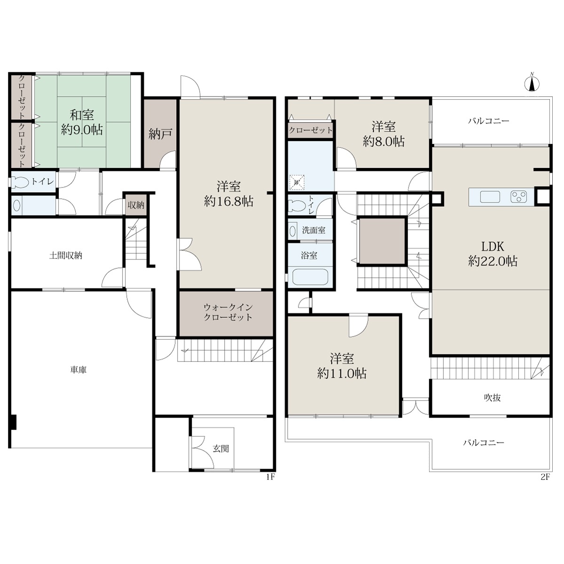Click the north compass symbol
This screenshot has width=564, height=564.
532,83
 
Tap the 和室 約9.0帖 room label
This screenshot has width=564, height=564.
82,122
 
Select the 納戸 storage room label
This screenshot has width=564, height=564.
160,134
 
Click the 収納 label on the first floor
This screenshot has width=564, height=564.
136,205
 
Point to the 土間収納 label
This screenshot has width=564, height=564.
65,256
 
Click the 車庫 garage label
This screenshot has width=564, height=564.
78,370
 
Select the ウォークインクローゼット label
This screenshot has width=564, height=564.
227,312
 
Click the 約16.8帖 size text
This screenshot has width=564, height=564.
228,201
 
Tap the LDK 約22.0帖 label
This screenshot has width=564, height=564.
493,254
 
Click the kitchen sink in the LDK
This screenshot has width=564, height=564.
490,196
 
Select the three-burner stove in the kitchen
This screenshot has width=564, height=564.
518,196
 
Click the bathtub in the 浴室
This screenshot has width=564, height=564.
311,276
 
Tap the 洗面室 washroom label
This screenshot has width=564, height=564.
314,230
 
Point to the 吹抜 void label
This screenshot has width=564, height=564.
493,398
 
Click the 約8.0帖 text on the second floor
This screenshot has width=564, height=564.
384,141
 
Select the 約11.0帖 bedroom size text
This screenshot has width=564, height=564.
342,374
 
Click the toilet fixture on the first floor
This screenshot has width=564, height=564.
20,182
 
